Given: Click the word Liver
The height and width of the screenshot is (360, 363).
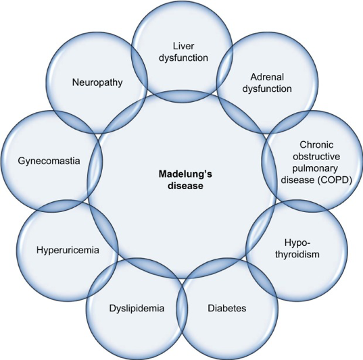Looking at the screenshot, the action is coord(183,46).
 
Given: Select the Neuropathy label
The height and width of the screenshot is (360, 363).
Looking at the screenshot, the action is coord(97,82).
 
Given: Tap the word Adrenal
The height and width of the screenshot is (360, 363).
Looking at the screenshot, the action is coord(267,77).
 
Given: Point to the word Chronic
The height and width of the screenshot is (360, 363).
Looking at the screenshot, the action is coord(316,145).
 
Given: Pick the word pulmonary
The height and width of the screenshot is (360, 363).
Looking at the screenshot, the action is coord(315,168).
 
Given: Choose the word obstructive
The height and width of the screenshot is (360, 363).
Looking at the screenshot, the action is coord(316,157).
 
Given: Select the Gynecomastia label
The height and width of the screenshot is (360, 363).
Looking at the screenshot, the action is coord(49,161).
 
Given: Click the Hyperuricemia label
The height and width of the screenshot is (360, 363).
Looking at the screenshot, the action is coord(68,251).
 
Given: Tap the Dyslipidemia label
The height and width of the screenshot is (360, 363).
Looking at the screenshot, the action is coord(137,309).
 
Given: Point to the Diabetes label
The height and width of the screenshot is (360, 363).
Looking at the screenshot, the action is coord(227,308).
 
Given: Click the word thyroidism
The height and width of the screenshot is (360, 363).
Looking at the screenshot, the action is coord(297,255).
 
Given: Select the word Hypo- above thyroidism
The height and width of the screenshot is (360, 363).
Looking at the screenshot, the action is coord(297,243).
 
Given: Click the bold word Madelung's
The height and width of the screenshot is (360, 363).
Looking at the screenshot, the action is coord(185,174).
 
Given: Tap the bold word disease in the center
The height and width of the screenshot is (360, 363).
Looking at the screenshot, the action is coord(185,186).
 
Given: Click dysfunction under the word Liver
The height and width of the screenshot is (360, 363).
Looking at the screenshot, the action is coord(183,58).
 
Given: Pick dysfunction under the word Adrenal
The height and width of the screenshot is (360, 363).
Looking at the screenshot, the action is coord(267,88).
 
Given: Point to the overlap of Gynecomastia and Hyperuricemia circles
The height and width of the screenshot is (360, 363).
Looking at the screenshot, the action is coord(62,207).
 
